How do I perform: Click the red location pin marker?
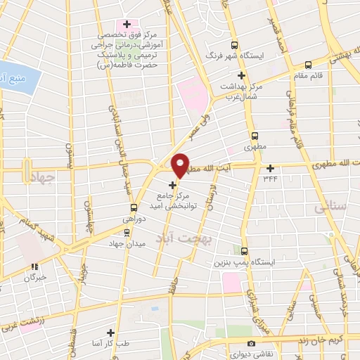pos(181,165)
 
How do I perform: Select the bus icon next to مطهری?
pos(254,136)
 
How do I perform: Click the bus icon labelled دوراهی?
pos(134,207)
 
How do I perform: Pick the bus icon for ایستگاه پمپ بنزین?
pos(245,251)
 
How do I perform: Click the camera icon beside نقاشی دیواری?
pos(251,343)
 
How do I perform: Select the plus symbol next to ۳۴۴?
pos(271,168)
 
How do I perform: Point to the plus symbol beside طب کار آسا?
pos(110,332)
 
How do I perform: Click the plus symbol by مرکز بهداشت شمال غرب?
pos(241,75)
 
